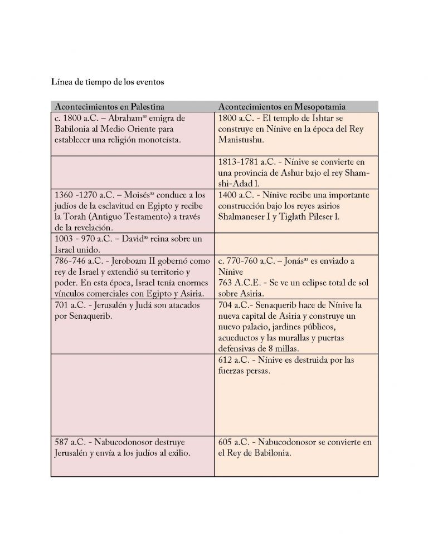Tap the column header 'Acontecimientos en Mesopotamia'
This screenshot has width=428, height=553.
tap(282, 106)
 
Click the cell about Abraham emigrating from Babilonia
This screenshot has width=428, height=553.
tap(132, 134)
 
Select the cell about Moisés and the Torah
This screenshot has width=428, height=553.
tap(132, 210)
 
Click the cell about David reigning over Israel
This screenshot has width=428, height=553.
tap(132, 243)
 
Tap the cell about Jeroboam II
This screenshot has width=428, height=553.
tap(132, 277)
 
